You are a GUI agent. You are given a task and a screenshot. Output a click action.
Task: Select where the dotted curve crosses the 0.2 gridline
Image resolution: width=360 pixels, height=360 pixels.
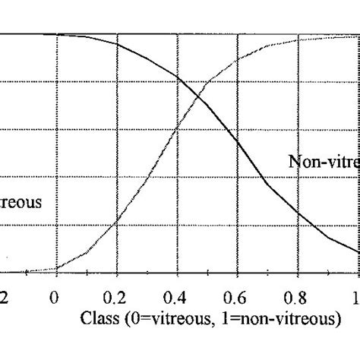(116, 221)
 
